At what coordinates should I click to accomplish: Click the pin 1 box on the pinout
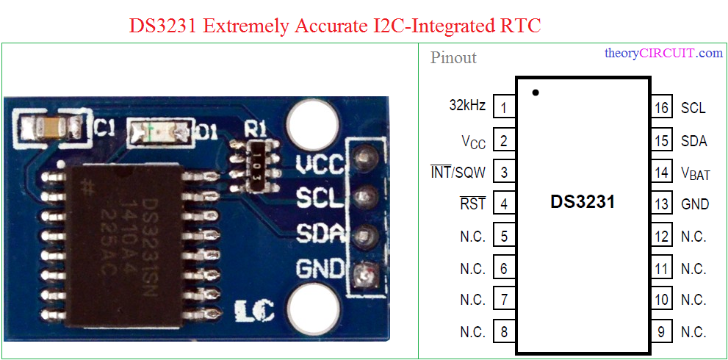point(503,107)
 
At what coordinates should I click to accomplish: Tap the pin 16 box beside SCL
point(662,107)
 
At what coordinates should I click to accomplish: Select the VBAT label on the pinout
point(695,173)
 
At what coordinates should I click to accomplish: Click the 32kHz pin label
point(467,105)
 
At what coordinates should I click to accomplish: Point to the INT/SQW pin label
point(458,173)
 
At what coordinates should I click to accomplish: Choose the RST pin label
point(472,204)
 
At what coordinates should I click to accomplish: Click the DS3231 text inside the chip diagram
point(583,201)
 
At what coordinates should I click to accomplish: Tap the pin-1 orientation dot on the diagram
point(536,93)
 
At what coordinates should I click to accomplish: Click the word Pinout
point(453,57)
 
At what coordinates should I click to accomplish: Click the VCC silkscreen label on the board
point(320,165)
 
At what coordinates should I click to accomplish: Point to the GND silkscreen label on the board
point(320,269)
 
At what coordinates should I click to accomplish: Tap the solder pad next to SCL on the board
point(364,198)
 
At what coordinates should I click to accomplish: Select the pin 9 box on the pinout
point(662,331)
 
